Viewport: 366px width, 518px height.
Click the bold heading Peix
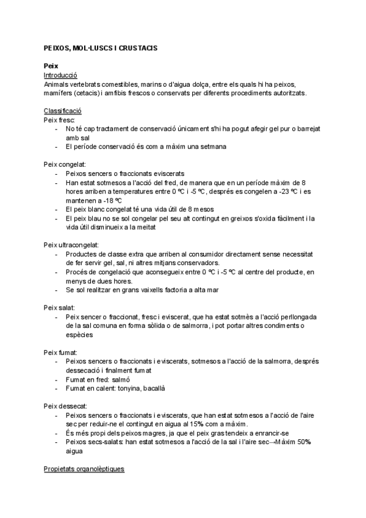pos(51,66)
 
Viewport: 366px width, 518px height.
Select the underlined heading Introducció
pos(60,75)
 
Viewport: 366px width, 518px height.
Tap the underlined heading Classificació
pos(63,111)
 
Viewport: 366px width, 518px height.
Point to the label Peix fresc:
pos(59,120)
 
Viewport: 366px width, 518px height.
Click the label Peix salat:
pos(59,307)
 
